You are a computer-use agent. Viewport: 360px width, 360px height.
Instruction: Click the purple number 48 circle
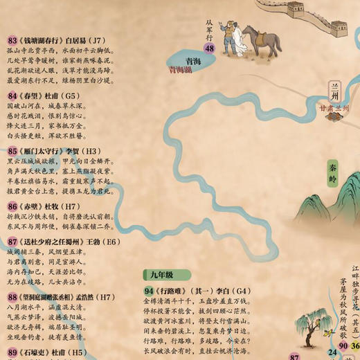tap(209, 48)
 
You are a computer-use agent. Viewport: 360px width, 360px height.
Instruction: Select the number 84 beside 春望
tap(12, 96)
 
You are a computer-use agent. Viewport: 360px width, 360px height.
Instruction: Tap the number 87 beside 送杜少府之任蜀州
tap(12, 242)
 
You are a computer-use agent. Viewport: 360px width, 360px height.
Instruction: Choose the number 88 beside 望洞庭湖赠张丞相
tap(12, 297)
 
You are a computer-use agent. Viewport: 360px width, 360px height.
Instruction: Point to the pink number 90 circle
tap(343, 346)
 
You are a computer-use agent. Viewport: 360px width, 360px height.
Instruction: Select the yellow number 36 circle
tap(355, 346)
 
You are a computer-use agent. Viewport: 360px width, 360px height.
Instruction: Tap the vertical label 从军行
tap(209, 28)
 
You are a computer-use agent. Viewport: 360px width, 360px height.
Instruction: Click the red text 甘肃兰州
tap(335, 108)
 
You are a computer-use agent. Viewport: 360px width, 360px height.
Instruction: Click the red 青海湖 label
tap(181, 69)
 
